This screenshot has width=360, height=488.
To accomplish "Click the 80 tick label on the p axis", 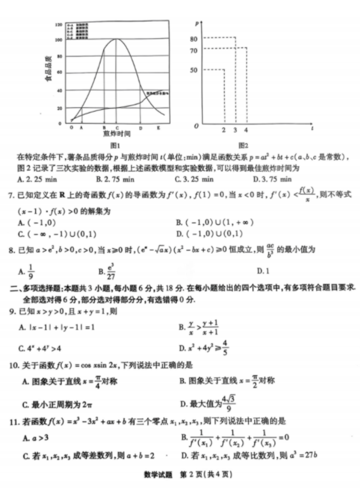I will [194, 38].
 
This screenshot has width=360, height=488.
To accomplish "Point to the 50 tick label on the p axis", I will [194, 70].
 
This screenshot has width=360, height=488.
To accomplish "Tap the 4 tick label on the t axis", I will [246, 130].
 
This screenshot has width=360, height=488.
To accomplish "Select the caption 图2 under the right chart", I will [242, 146].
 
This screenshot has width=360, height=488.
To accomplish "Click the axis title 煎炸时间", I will [117, 134].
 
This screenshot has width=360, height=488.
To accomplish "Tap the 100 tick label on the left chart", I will [58, 40].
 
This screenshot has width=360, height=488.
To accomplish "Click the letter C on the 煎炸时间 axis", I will [117, 127].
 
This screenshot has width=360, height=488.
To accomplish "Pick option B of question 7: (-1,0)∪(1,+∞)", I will [214, 223].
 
